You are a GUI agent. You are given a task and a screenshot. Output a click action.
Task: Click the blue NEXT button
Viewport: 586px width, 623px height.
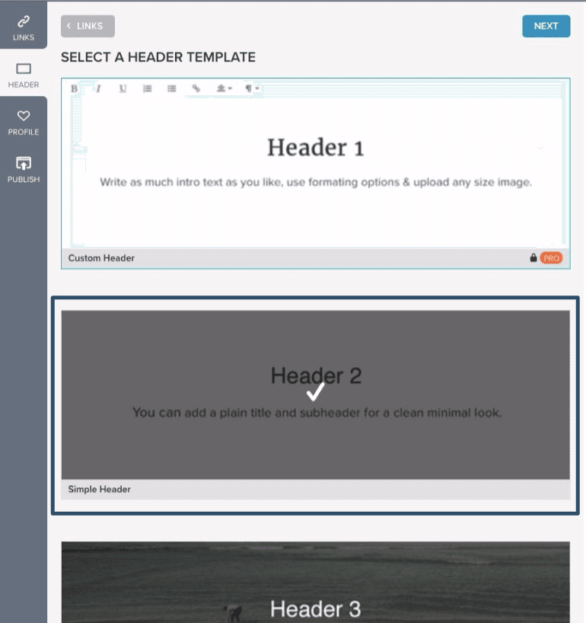click(546, 26)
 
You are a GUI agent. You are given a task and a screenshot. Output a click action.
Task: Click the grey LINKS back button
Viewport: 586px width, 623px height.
click(88, 26)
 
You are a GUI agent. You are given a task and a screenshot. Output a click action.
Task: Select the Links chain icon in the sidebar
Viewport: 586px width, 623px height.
click(24, 21)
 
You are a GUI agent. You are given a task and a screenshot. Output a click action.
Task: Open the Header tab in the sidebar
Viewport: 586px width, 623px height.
click(24, 75)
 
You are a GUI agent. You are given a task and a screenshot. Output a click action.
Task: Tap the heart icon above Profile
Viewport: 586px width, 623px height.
click(24, 116)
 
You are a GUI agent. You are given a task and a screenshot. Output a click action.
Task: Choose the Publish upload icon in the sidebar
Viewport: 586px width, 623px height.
click(24, 163)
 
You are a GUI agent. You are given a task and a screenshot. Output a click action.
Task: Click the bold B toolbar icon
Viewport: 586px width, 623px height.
click(75, 88)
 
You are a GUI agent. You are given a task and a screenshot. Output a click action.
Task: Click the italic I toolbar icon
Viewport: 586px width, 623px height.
click(98, 88)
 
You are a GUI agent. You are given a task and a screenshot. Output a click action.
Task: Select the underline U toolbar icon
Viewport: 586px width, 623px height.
click(123, 88)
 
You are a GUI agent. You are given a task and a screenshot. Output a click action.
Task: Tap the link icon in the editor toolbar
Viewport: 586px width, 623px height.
click(196, 88)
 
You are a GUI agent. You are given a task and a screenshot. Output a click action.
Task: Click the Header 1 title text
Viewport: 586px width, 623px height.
click(316, 148)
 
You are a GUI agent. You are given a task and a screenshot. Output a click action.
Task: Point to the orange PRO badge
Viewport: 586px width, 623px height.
click(551, 258)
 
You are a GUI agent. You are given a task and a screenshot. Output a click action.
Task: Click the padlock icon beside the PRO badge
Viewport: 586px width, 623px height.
click(533, 258)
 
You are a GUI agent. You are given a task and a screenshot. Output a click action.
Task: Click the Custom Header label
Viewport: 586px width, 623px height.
click(101, 258)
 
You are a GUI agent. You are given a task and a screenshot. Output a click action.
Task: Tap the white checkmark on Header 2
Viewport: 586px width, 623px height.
click(316, 391)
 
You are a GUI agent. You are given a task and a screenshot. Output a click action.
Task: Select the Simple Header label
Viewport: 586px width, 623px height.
click(99, 490)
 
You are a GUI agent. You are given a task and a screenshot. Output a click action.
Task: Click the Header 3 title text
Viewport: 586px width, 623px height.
click(316, 609)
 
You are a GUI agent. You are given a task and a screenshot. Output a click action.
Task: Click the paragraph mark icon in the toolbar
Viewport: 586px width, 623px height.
click(252, 88)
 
